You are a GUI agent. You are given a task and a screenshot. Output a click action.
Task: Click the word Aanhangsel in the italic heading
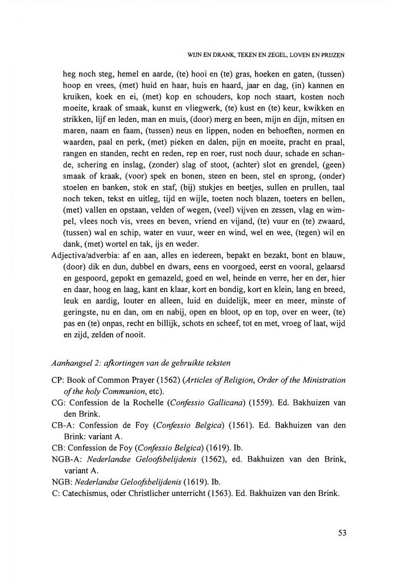click(x=74, y=364)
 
